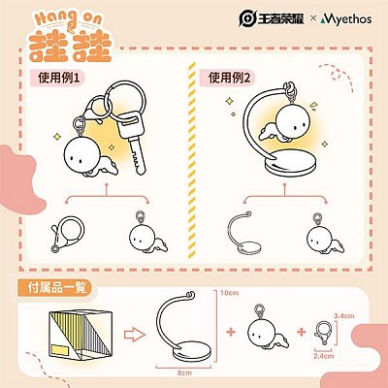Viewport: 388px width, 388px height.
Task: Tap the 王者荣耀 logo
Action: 272,18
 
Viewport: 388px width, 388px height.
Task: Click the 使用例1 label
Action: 58,78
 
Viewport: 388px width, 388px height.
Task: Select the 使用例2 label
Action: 229,78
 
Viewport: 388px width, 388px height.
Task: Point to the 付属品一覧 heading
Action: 57,287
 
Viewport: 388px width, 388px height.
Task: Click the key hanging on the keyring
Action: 132,142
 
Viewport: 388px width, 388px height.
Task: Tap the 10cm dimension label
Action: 229,293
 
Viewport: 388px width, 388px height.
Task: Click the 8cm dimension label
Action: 184,372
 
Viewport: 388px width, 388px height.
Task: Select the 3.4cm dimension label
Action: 344,316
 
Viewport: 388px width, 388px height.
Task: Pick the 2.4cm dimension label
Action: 324,356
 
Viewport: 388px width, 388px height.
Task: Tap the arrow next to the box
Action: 135,336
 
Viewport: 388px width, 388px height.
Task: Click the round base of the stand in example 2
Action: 290,164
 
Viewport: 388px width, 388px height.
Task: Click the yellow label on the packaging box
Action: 60,350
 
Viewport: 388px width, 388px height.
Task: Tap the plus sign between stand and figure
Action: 231,332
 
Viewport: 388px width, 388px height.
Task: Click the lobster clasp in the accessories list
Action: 323,333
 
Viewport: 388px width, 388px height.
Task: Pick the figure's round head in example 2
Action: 294,120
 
